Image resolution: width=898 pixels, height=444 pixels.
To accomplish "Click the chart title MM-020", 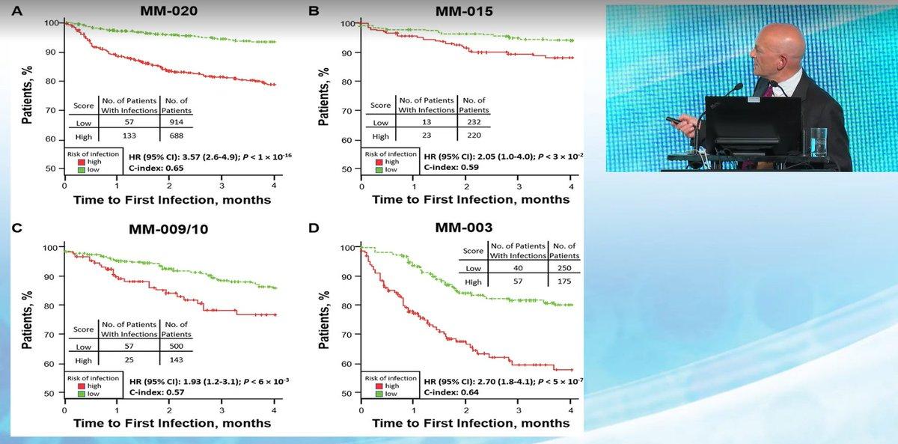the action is tap(169, 10).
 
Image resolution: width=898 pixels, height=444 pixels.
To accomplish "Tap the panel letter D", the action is tap(314, 228).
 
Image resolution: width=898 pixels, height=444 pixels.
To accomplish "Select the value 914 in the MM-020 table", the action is tap(176, 122).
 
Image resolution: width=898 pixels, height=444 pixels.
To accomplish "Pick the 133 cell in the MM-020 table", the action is tap(129, 136).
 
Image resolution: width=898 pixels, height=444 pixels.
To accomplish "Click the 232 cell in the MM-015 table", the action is tap(474, 122).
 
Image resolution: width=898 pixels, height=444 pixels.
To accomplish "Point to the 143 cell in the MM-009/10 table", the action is tap(176, 360).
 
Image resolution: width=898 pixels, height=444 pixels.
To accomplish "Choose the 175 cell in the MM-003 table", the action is tap(564, 282).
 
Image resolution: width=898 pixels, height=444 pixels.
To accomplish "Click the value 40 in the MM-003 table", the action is tap(518, 268).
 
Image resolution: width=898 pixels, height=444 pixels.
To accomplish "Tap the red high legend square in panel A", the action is tap(82, 162).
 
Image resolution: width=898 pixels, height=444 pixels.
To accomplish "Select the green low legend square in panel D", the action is tap(379, 394).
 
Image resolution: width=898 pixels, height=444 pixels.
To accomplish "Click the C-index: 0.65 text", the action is tap(156, 168).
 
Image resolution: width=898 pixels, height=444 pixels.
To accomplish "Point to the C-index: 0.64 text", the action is tap(451, 392).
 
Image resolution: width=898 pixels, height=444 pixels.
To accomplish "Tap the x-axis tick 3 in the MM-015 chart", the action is tap(519, 186).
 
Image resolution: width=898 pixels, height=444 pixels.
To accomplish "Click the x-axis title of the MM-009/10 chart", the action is tap(172, 423).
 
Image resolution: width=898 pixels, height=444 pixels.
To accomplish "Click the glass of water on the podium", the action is tap(819, 142).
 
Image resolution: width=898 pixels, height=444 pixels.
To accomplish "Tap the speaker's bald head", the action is tap(778, 47).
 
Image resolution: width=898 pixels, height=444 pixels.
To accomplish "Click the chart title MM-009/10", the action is tap(168, 229).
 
